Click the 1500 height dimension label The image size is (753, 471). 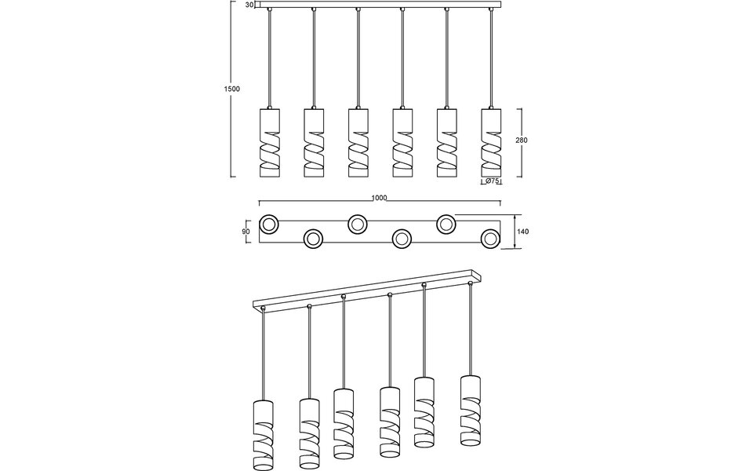point(232,89)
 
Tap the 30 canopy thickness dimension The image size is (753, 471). point(249,5)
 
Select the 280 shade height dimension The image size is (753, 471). point(522,141)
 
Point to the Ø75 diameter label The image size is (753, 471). point(492,181)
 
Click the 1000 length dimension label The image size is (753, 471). point(380,199)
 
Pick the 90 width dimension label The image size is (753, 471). point(246,232)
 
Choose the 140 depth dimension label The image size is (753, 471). point(522,232)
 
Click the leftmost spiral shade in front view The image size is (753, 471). point(269,141)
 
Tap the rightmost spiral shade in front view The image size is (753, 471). point(491,141)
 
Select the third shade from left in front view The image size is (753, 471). point(358,141)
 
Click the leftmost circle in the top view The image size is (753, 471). point(268,225)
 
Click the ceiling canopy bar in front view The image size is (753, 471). point(380,5)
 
